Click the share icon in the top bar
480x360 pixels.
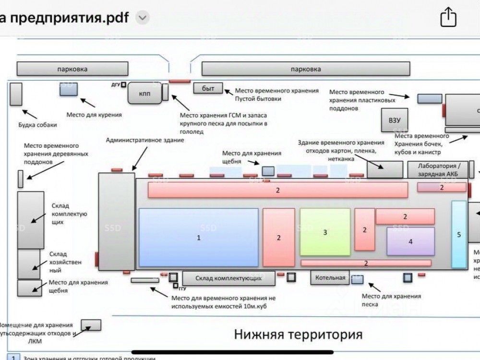pyautogui.click(x=448, y=18)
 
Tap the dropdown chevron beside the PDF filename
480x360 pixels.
pyautogui.click(x=143, y=18)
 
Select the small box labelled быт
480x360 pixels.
pyautogui.click(x=208, y=88)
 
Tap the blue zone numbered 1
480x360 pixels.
pyautogui.click(x=199, y=237)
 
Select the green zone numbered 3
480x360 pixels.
pyautogui.click(x=325, y=232)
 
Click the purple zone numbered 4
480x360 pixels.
pyautogui.click(x=410, y=241)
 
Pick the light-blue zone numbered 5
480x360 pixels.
pyautogui.click(x=459, y=234)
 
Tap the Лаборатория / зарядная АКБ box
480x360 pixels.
pyautogui.click(x=437, y=169)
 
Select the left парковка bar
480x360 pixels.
pyautogui.click(x=72, y=69)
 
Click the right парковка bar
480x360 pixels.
pyautogui.click(x=306, y=69)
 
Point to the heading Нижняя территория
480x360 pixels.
pyautogui.click(x=298, y=334)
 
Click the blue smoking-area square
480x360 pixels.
pyautogui.click(x=68, y=89)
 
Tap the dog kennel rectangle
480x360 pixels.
pyautogui.click(x=16, y=94)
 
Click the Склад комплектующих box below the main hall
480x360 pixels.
pyautogui.click(x=228, y=278)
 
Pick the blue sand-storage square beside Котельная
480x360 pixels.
pyautogui.click(x=357, y=279)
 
